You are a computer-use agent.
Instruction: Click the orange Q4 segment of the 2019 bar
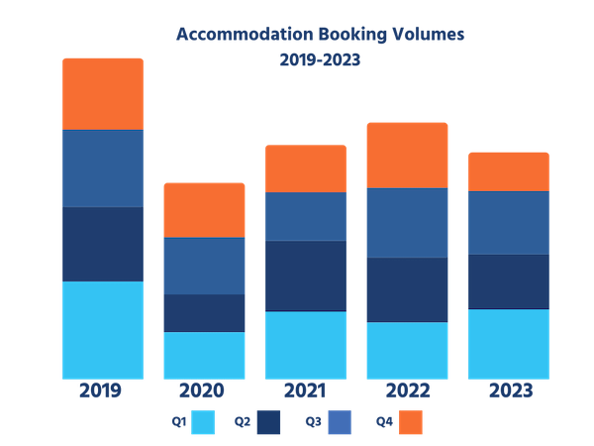(x=103, y=93)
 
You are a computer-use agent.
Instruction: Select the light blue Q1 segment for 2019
(x=103, y=329)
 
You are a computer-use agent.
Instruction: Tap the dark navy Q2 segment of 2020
(x=204, y=313)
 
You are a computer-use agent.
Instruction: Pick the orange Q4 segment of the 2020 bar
(x=204, y=209)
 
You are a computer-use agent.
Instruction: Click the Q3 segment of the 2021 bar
(x=305, y=216)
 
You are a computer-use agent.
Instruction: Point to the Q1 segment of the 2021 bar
(x=305, y=345)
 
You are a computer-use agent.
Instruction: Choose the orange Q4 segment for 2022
(x=407, y=155)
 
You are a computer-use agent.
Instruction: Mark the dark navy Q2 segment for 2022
(x=407, y=289)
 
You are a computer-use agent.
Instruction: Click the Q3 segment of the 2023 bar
(x=508, y=222)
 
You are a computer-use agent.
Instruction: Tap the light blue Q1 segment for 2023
(x=508, y=344)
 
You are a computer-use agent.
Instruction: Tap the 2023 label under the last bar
(x=508, y=390)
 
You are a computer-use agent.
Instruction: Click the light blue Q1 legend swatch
(x=203, y=422)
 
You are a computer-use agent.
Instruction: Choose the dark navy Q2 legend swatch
(x=268, y=422)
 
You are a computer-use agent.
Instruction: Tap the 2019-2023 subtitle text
(x=319, y=59)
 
